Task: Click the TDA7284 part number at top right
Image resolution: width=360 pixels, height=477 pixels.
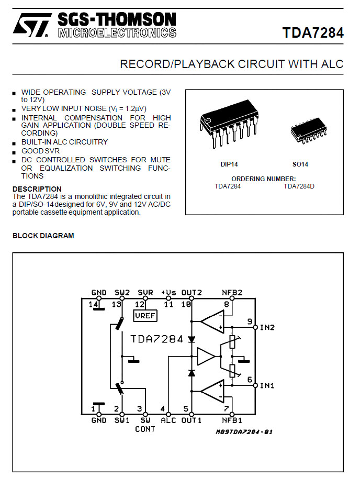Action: point(313,32)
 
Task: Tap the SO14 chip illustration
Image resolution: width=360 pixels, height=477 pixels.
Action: point(308,130)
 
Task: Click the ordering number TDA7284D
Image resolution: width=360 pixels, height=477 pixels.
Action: point(299,186)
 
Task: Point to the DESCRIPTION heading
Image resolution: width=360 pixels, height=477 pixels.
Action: point(37,189)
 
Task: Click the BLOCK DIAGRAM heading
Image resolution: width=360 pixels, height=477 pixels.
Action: point(43,236)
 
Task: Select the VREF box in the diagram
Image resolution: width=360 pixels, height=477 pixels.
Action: point(145,316)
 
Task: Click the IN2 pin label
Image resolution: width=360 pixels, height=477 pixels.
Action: point(267,327)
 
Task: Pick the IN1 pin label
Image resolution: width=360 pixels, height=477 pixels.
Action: point(267,385)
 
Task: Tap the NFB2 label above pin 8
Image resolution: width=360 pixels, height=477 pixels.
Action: point(232,292)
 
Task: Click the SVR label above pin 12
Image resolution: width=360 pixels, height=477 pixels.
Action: point(145,292)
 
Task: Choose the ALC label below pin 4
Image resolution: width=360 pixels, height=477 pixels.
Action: point(168,420)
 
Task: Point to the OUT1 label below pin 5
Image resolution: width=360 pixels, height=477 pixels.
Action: point(192,420)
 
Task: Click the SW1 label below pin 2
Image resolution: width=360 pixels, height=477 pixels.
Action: point(122,420)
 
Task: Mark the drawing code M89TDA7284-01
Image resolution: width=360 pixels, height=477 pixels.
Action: point(244,431)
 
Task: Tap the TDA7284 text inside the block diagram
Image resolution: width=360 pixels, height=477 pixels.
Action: point(157,339)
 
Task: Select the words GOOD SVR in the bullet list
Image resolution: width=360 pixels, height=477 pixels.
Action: point(40,151)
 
